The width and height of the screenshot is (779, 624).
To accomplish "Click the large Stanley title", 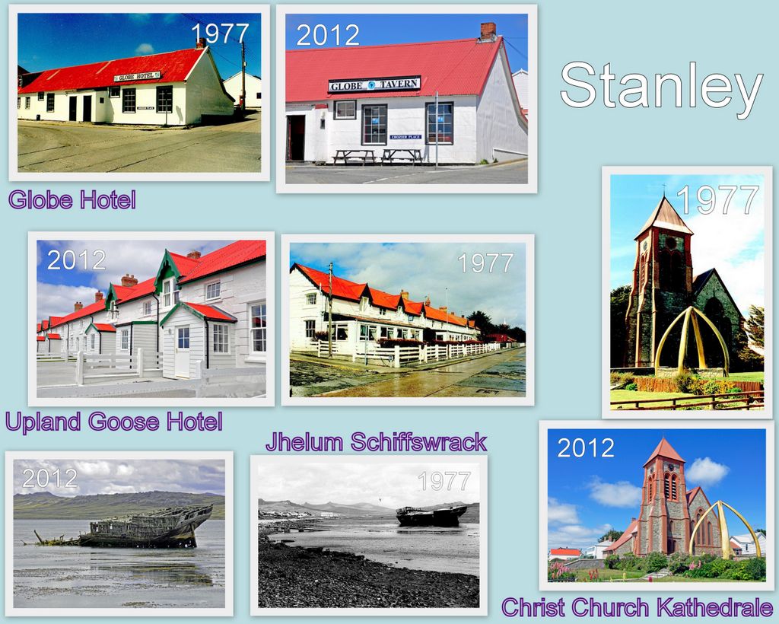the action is pyautogui.click(x=661, y=90).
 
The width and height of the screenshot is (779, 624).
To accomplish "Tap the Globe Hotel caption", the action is pyautogui.click(x=72, y=199).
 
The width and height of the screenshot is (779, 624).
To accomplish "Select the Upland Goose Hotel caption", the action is pyautogui.click(x=114, y=422).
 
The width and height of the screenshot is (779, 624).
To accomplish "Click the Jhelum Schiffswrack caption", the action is pyautogui.click(x=376, y=441).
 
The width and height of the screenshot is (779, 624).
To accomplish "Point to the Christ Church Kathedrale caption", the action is pyautogui.click(x=637, y=607).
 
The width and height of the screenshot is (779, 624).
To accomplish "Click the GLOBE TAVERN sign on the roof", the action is pyautogui.click(x=374, y=84).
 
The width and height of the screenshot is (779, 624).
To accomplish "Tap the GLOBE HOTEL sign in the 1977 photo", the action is pyautogui.click(x=137, y=77).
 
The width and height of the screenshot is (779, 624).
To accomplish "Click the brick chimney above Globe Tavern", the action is pyautogui.click(x=488, y=31).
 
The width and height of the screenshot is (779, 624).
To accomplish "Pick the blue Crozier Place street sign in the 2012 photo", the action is pyautogui.click(x=405, y=137).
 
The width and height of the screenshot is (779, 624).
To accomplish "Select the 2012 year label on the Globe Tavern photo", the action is pyautogui.click(x=328, y=35).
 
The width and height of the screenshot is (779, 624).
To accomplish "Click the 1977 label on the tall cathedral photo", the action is pyautogui.click(x=717, y=199).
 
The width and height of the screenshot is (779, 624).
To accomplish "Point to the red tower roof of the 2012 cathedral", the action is pyautogui.click(x=663, y=451).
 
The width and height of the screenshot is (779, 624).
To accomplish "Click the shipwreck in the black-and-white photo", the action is pyautogui.click(x=431, y=516).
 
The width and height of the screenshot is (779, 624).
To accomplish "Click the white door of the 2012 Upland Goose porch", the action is pyautogui.click(x=183, y=352).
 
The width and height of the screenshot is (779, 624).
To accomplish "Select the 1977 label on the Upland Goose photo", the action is pyautogui.click(x=485, y=263).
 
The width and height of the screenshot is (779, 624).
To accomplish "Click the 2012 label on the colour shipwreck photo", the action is pyautogui.click(x=49, y=479).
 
